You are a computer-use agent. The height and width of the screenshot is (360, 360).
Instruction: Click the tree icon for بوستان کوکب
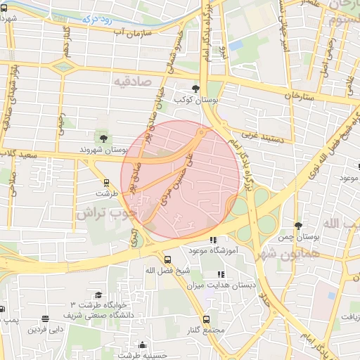(195, 89)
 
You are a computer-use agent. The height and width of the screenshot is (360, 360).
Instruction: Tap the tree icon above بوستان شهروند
(104, 138)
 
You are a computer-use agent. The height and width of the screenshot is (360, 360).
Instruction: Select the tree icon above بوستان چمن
(298, 226)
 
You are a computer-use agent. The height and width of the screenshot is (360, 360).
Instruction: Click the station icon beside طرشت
(104, 182)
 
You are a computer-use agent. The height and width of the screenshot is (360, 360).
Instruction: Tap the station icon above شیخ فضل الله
(166, 259)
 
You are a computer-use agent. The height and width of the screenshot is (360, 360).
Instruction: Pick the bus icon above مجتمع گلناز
(206, 319)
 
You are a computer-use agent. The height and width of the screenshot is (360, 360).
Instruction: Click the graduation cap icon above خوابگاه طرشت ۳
(98, 295)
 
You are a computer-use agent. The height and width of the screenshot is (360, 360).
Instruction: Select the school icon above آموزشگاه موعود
(214, 240)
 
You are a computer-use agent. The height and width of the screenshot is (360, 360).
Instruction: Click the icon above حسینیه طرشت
(143, 345)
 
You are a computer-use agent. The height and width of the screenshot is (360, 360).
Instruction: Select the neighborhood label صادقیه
(133, 82)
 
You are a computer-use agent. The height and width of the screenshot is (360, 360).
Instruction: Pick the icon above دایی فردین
(45, 319)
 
